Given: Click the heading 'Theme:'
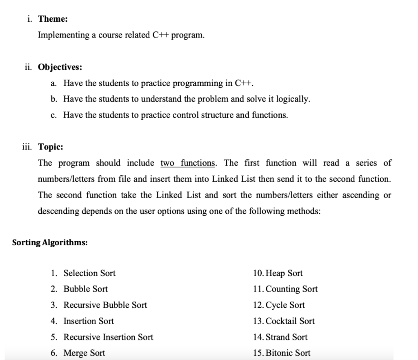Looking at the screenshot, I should coord(53,19).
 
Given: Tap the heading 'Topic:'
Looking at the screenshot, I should coord(51,147).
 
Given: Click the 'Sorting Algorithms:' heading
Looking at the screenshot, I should coord(50,242).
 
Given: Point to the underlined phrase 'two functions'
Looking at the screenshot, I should coord(188,163).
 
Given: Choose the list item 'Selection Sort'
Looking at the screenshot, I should coord(89,273).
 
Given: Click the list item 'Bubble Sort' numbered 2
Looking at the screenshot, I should coord(86,289).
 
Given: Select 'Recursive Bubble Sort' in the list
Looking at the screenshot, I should coord(105,305).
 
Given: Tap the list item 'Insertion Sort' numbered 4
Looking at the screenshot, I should coord(89,321).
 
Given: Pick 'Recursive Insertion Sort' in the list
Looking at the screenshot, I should coord(108,337).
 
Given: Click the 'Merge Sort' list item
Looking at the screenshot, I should coord(84,353).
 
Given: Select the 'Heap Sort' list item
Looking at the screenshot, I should coord(284,273).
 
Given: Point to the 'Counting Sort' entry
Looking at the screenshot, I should coord(291,289).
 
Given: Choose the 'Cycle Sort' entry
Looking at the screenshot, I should coord(285,305).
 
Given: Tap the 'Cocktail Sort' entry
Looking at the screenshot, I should coord(290,321).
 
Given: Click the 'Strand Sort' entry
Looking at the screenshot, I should coord(287,337).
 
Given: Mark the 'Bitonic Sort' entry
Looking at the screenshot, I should coord(288,353).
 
